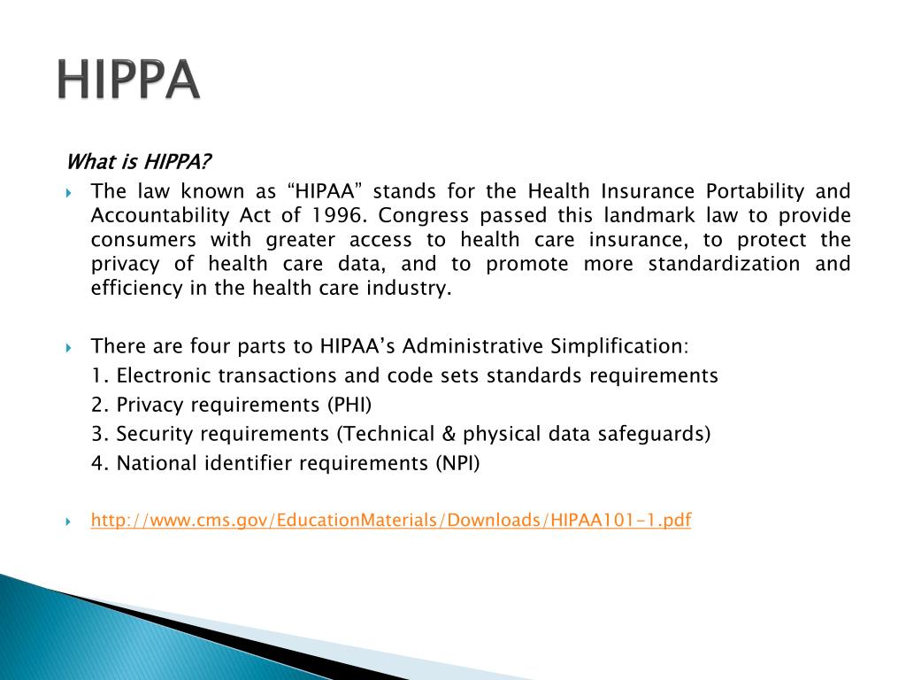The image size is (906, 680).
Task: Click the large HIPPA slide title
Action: pos(129,81)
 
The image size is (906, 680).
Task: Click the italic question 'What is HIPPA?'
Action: pos(139,163)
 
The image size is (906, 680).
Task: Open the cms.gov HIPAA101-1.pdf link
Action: pos(390,521)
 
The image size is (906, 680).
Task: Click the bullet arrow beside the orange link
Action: pos(69,522)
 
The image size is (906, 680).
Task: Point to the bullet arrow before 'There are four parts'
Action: pos(69,346)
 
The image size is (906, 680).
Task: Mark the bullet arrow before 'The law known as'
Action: pos(69,192)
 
